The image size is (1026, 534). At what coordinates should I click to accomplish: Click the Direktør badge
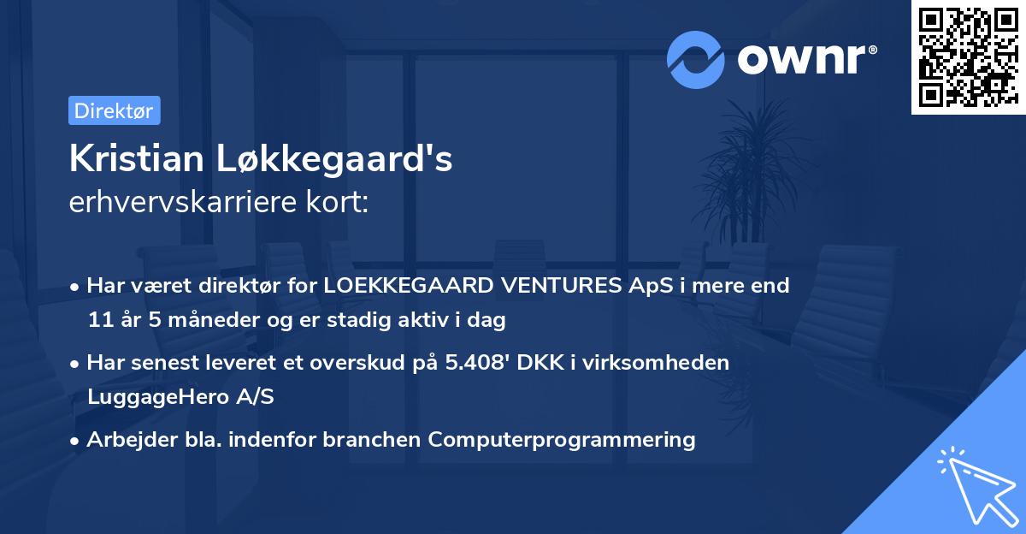pyautogui.click(x=114, y=110)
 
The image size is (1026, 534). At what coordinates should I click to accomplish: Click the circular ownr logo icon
pyautogui.click(x=697, y=59)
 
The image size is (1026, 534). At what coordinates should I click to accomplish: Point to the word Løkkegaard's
pyautogui.click(x=341, y=159)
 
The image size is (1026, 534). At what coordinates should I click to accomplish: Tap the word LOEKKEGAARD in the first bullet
pyautogui.click(x=398, y=286)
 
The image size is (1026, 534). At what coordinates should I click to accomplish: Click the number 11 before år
pyautogui.click(x=99, y=320)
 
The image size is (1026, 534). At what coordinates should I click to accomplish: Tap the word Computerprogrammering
pyautogui.click(x=562, y=440)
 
